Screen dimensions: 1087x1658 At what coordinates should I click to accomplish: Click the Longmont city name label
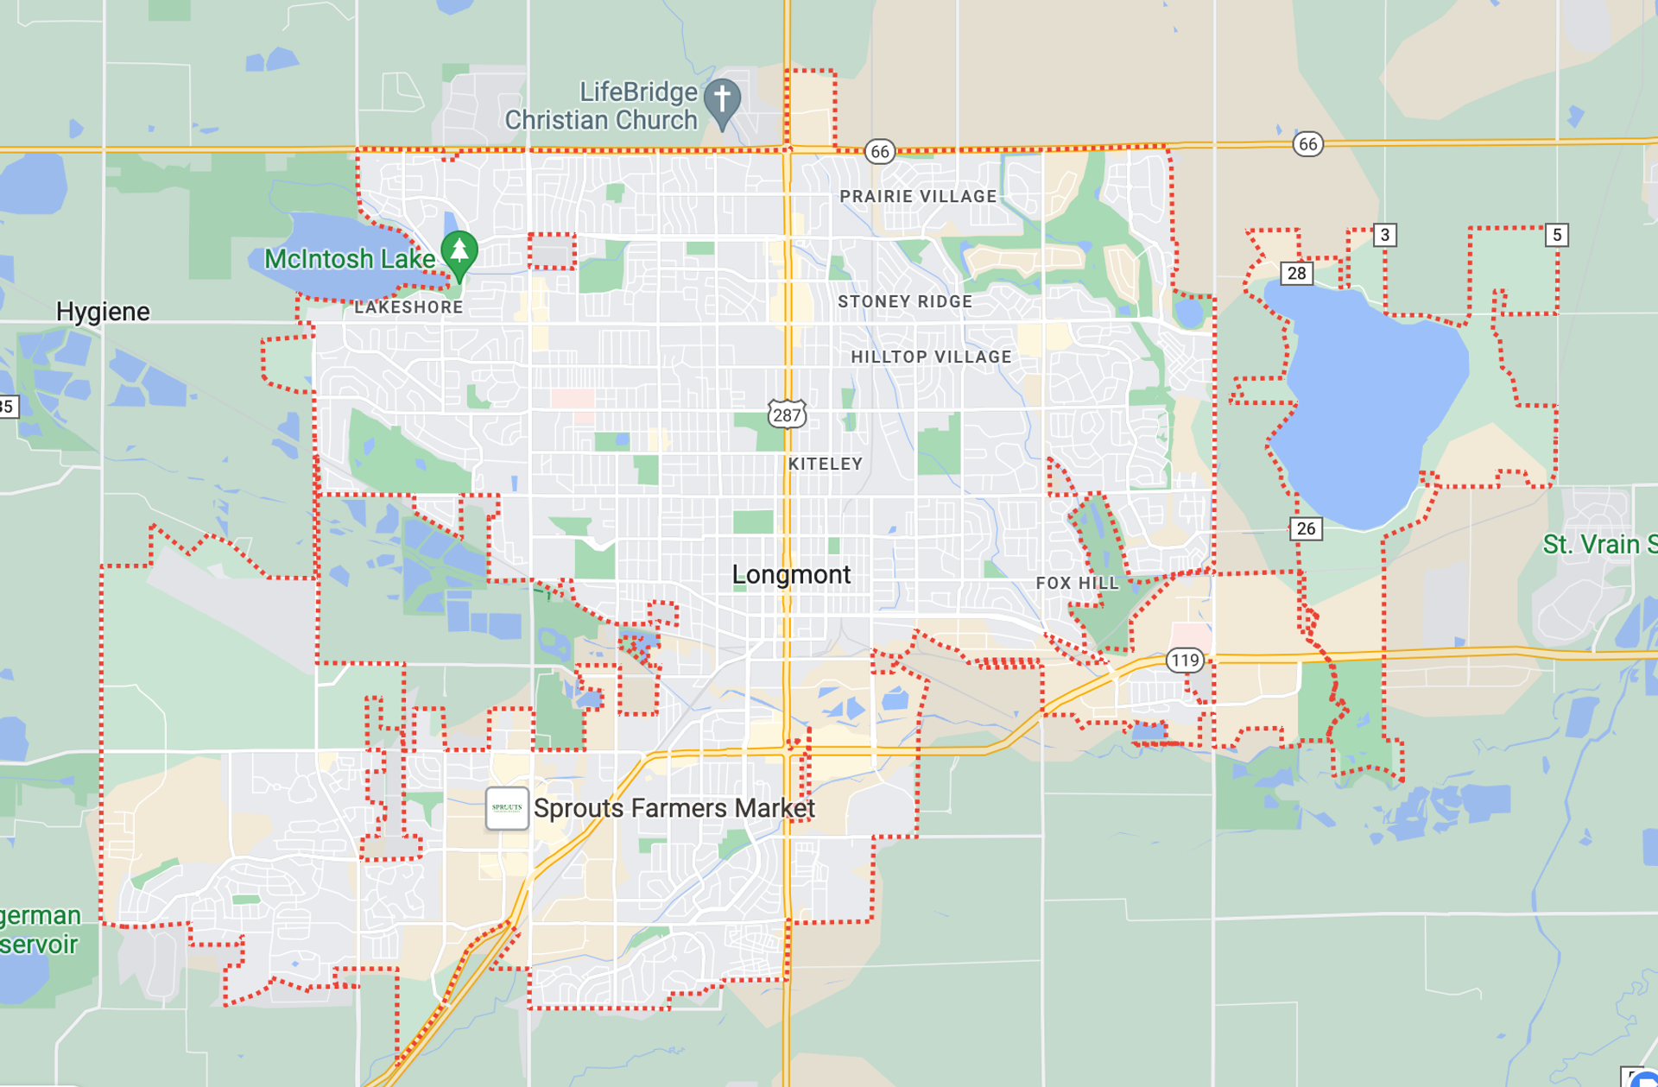click(x=791, y=574)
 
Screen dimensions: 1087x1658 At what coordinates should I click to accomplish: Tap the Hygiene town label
click(x=103, y=312)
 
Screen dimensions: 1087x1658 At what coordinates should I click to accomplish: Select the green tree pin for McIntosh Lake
click(x=459, y=251)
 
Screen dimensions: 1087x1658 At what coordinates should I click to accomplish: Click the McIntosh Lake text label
click(x=349, y=259)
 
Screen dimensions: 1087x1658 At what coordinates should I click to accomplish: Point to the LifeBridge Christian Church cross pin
click(x=722, y=100)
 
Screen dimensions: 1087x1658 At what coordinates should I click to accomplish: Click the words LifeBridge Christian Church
click(x=602, y=106)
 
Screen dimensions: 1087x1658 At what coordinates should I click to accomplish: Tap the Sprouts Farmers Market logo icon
click(x=507, y=808)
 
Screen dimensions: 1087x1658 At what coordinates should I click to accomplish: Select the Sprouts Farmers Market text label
click(x=674, y=808)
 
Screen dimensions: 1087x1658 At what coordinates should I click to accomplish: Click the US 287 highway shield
click(x=787, y=414)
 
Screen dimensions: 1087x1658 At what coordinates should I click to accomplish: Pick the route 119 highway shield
click(x=1185, y=660)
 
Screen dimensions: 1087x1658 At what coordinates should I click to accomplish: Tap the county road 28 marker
click(x=1296, y=274)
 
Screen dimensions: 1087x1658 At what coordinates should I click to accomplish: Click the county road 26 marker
click(x=1306, y=528)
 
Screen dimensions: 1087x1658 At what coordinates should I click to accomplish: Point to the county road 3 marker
click(x=1384, y=235)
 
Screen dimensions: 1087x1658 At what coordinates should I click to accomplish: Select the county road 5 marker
click(x=1556, y=235)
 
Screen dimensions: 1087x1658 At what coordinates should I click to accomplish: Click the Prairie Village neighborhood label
click(x=918, y=197)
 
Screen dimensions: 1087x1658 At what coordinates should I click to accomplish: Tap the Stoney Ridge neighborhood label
click(x=905, y=301)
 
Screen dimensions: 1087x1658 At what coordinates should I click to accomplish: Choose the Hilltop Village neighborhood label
click(x=931, y=357)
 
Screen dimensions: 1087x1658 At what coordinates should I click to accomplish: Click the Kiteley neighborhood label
click(x=826, y=464)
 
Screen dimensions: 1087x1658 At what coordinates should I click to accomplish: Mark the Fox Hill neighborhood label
click(x=1077, y=584)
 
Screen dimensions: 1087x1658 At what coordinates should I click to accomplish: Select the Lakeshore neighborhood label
click(x=408, y=307)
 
